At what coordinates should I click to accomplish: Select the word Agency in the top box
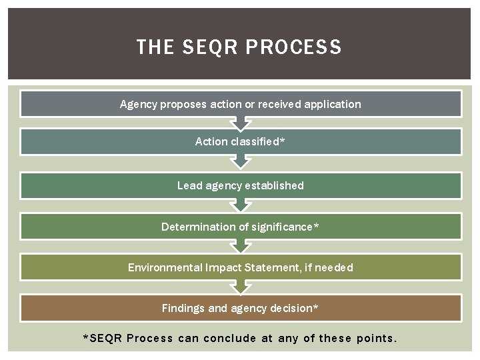pos(139,104)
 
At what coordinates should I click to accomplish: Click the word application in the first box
pos(332,104)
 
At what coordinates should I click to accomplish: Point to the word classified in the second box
pos(255,141)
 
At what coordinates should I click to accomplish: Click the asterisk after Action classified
pos(283,141)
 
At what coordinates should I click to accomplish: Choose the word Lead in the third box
pos(189,185)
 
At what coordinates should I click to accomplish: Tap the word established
pos(274,185)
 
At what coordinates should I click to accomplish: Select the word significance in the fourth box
pos(281,227)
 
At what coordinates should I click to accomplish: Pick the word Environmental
pos(165,267)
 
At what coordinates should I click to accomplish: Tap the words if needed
pos(328,267)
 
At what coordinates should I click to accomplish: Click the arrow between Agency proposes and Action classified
pos(240,123)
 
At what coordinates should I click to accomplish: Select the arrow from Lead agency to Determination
pos(240,206)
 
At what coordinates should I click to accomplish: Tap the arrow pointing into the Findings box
pos(240,287)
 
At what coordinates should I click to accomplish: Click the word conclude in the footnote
pos(229,338)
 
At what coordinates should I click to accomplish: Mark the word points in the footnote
pos(376,338)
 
